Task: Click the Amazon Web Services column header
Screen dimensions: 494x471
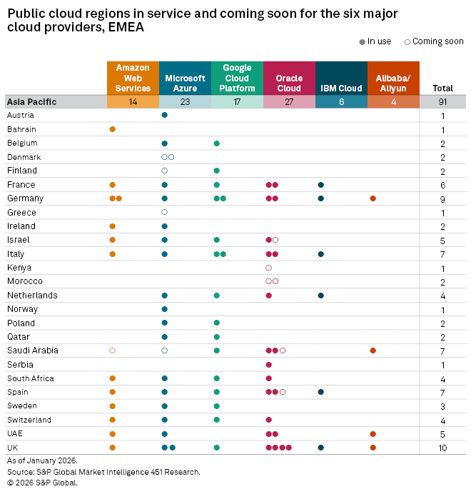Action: (x=133, y=78)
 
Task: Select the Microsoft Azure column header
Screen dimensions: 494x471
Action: (x=185, y=83)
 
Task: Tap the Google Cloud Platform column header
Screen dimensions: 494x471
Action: (x=237, y=78)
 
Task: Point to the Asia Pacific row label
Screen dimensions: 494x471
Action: (x=31, y=101)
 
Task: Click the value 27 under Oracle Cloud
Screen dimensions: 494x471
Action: (x=289, y=101)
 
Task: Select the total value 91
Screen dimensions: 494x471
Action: (x=442, y=101)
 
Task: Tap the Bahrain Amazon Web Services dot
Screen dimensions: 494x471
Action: (x=113, y=129)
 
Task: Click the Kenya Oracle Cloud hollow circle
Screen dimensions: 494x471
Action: (x=268, y=268)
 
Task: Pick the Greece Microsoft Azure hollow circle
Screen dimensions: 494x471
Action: (x=165, y=212)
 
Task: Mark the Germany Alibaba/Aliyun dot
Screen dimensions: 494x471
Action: (x=373, y=198)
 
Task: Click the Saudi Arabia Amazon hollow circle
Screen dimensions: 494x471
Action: (x=113, y=351)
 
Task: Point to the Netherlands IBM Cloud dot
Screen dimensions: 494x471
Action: (x=321, y=296)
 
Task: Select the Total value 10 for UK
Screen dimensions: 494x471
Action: (x=442, y=448)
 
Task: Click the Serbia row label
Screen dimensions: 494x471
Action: (x=19, y=364)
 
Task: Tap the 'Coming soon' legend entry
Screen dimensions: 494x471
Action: (x=434, y=41)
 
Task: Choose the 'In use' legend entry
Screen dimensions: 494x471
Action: (x=376, y=41)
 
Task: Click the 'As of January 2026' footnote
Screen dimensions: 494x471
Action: (x=42, y=460)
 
